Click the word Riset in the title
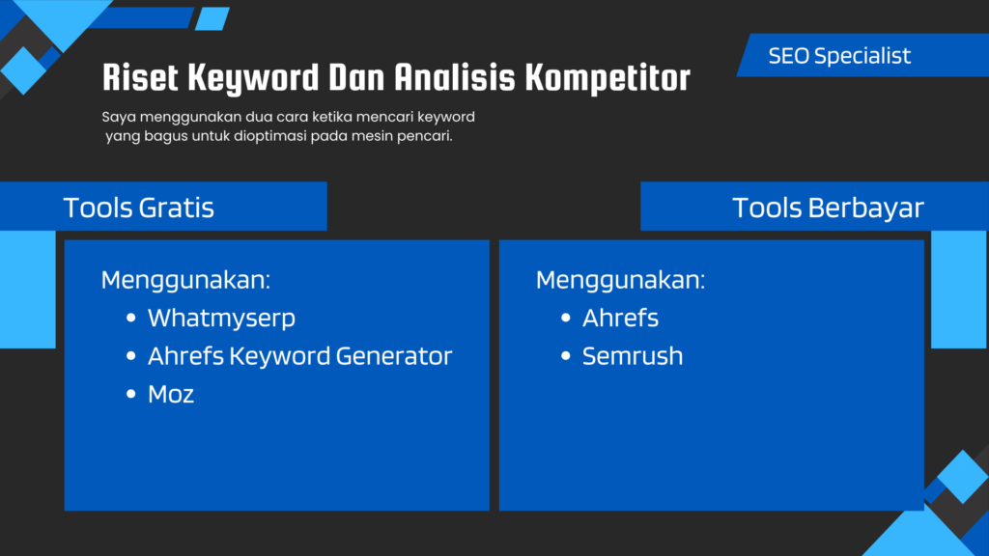click(x=140, y=77)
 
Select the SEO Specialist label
click(x=839, y=56)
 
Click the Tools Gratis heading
click(x=139, y=208)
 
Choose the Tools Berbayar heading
click(x=828, y=208)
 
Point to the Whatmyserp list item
click(x=221, y=319)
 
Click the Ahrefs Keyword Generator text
click(x=299, y=356)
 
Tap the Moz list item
click(x=171, y=394)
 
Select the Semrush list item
click(x=633, y=356)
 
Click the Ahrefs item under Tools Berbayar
click(x=620, y=318)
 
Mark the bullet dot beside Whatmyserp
click(x=131, y=318)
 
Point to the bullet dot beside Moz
click(x=131, y=394)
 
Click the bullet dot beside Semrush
click(x=566, y=356)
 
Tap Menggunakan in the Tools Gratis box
click(x=185, y=281)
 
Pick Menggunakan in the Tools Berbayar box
click(x=620, y=281)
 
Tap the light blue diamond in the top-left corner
click(x=23, y=70)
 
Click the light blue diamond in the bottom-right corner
click(x=963, y=477)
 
